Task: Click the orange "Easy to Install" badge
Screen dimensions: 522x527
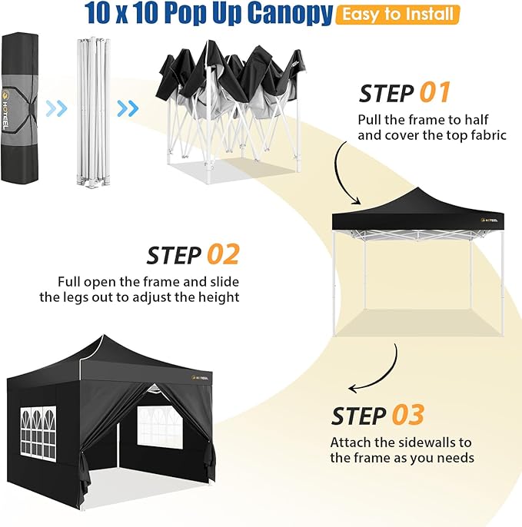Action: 397,15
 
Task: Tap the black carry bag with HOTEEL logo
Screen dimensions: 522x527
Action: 20,108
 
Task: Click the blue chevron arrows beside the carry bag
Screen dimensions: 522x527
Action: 57,108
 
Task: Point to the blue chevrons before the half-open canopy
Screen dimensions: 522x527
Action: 128,108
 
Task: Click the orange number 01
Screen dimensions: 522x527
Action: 435,92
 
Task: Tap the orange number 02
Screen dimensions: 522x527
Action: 223,254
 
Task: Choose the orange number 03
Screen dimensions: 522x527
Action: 408,415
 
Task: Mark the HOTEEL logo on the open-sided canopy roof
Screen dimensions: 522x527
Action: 490,220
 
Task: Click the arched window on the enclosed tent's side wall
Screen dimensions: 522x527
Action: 38,433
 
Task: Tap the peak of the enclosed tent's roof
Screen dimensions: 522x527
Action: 104,336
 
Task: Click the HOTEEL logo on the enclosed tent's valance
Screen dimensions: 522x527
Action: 200,378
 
